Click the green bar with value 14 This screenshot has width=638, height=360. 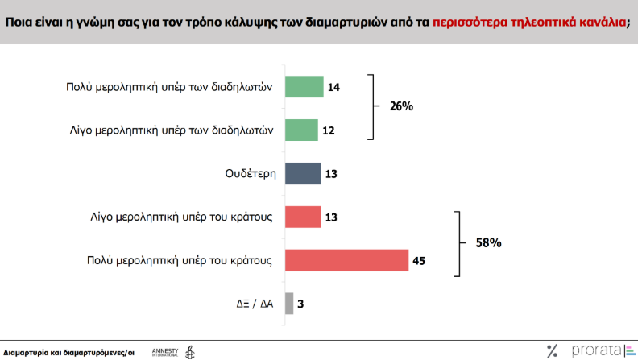pyautogui.click(x=304, y=87)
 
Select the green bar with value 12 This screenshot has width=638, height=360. pyautogui.click(x=301, y=130)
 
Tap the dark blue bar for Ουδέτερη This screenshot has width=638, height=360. pyautogui.click(x=302, y=173)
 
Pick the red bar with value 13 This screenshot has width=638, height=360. pyautogui.click(x=302, y=217)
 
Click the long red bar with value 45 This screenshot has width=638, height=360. pyautogui.click(x=347, y=260)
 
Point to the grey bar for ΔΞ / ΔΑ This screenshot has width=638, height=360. pyautogui.click(x=289, y=304)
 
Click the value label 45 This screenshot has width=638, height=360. pyautogui.click(x=418, y=260)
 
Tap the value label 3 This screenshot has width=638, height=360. pyautogui.click(x=301, y=304)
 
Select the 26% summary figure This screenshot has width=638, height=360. pyautogui.click(x=400, y=106)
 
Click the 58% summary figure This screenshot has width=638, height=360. pyautogui.click(x=487, y=242)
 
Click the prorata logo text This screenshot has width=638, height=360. pyautogui.click(x=595, y=350)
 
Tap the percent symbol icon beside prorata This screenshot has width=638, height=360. pyautogui.click(x=552, y=350)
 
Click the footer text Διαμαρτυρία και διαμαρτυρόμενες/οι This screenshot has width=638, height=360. pyautogui.click(x=68, y=352)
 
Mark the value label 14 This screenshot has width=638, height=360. pyautogui.click(x=333, y=87)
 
